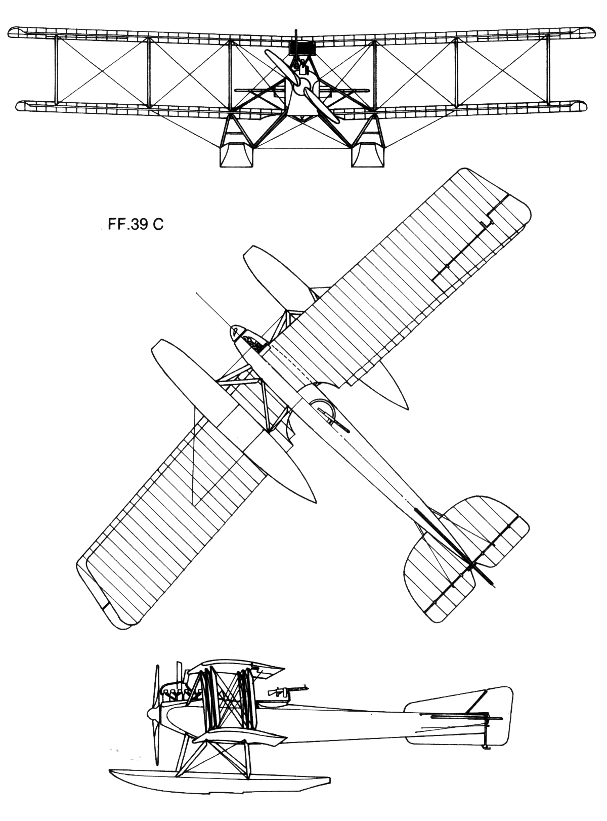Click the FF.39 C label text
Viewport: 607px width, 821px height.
[136, 225]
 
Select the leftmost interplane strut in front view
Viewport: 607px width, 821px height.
[57, 69]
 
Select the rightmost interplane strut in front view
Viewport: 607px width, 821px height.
[548, 69]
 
